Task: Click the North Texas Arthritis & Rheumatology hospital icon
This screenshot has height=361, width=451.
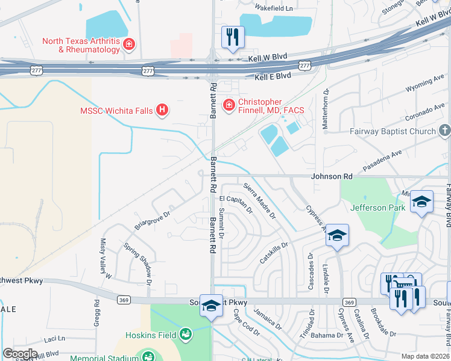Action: tap(128, 44)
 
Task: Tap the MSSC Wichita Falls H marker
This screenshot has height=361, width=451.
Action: tap(162, 110)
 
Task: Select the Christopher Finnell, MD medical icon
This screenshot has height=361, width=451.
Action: tap(229, 106)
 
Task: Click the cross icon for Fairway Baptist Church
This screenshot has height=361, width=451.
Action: tap(444, 131)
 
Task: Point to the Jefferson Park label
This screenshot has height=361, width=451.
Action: tap(377, 208)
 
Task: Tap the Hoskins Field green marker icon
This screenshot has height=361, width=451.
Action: tap(186, 333)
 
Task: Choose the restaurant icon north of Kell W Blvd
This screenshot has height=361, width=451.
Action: tap(231, 36)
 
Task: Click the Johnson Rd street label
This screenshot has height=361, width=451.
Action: tap(331, 177)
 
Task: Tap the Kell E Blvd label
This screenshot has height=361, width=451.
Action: tap(273, 76)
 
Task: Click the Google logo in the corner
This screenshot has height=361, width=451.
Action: tap(20, 354)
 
